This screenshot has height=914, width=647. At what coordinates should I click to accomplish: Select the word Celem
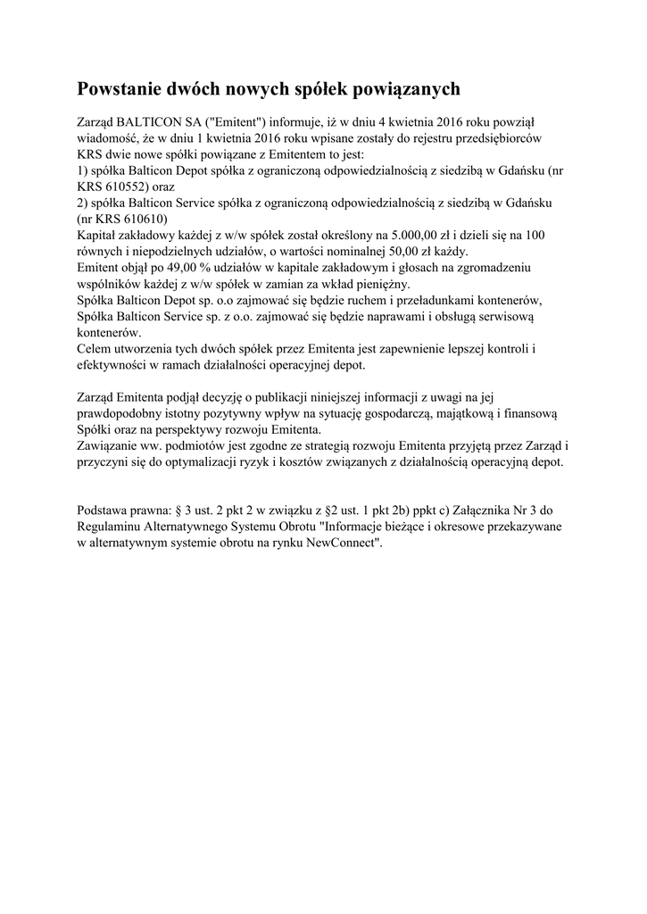coord(95,348)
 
